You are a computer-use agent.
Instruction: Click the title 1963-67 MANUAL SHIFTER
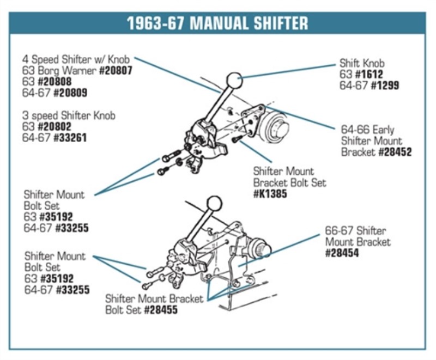[217, 23]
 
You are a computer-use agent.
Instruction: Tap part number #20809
[70, 93]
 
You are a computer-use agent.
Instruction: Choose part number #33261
[70, 138]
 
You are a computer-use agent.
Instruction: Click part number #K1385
[270, 193]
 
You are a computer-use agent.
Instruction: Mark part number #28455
[161, 310]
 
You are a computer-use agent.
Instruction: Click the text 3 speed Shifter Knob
[69, 115]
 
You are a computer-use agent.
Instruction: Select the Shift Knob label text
[362, 63]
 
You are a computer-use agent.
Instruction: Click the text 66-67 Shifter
[355, 230]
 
